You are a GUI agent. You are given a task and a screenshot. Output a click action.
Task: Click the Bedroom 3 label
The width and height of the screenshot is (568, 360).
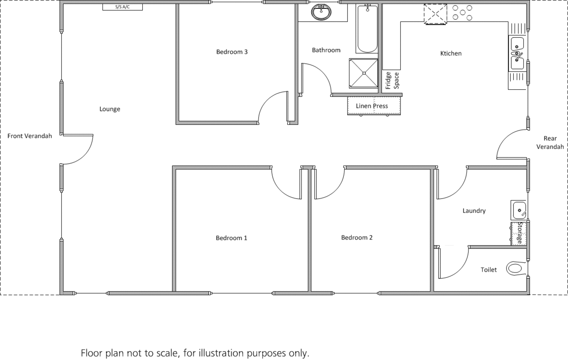(232, 52)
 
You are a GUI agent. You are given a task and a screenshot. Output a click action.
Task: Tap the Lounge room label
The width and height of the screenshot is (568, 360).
(110, 109)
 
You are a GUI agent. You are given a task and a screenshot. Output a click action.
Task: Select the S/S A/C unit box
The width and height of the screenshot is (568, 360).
(122, 7)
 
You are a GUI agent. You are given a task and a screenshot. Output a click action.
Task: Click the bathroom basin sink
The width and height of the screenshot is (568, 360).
(321, 12)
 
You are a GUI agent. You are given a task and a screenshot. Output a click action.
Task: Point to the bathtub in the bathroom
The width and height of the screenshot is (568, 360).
(367, 29)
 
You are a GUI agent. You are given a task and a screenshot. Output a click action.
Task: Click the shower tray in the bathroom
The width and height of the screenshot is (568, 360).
(364, 73)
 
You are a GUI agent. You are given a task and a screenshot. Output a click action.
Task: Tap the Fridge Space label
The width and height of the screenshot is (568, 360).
(392, 81)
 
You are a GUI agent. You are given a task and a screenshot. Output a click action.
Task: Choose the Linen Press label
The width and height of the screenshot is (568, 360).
(372, 106)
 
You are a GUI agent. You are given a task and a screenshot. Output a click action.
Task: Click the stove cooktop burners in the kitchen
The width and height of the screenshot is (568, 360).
(462, 12)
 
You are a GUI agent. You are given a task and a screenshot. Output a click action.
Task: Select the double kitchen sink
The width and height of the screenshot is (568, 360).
(517, 53)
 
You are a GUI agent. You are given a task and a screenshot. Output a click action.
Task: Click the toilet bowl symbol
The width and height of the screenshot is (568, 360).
(515, 268)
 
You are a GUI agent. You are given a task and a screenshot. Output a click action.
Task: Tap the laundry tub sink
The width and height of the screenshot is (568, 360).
(518, 210)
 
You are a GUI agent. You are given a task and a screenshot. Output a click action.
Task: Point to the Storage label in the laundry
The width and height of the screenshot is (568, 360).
(520, 233)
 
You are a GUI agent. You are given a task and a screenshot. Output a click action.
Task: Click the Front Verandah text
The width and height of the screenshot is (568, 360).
(30, 136)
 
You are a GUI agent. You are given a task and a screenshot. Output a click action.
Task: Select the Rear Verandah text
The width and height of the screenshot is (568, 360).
(550, 143)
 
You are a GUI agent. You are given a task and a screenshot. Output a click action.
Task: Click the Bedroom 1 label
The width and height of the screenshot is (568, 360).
(231, 238)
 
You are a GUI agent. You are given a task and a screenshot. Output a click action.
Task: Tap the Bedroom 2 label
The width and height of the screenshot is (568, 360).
(357, 238)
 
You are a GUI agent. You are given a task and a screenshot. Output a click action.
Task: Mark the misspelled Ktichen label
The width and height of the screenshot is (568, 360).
(451, 53)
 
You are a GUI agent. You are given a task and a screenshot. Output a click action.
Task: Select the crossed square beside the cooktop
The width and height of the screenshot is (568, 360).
(435, 14)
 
